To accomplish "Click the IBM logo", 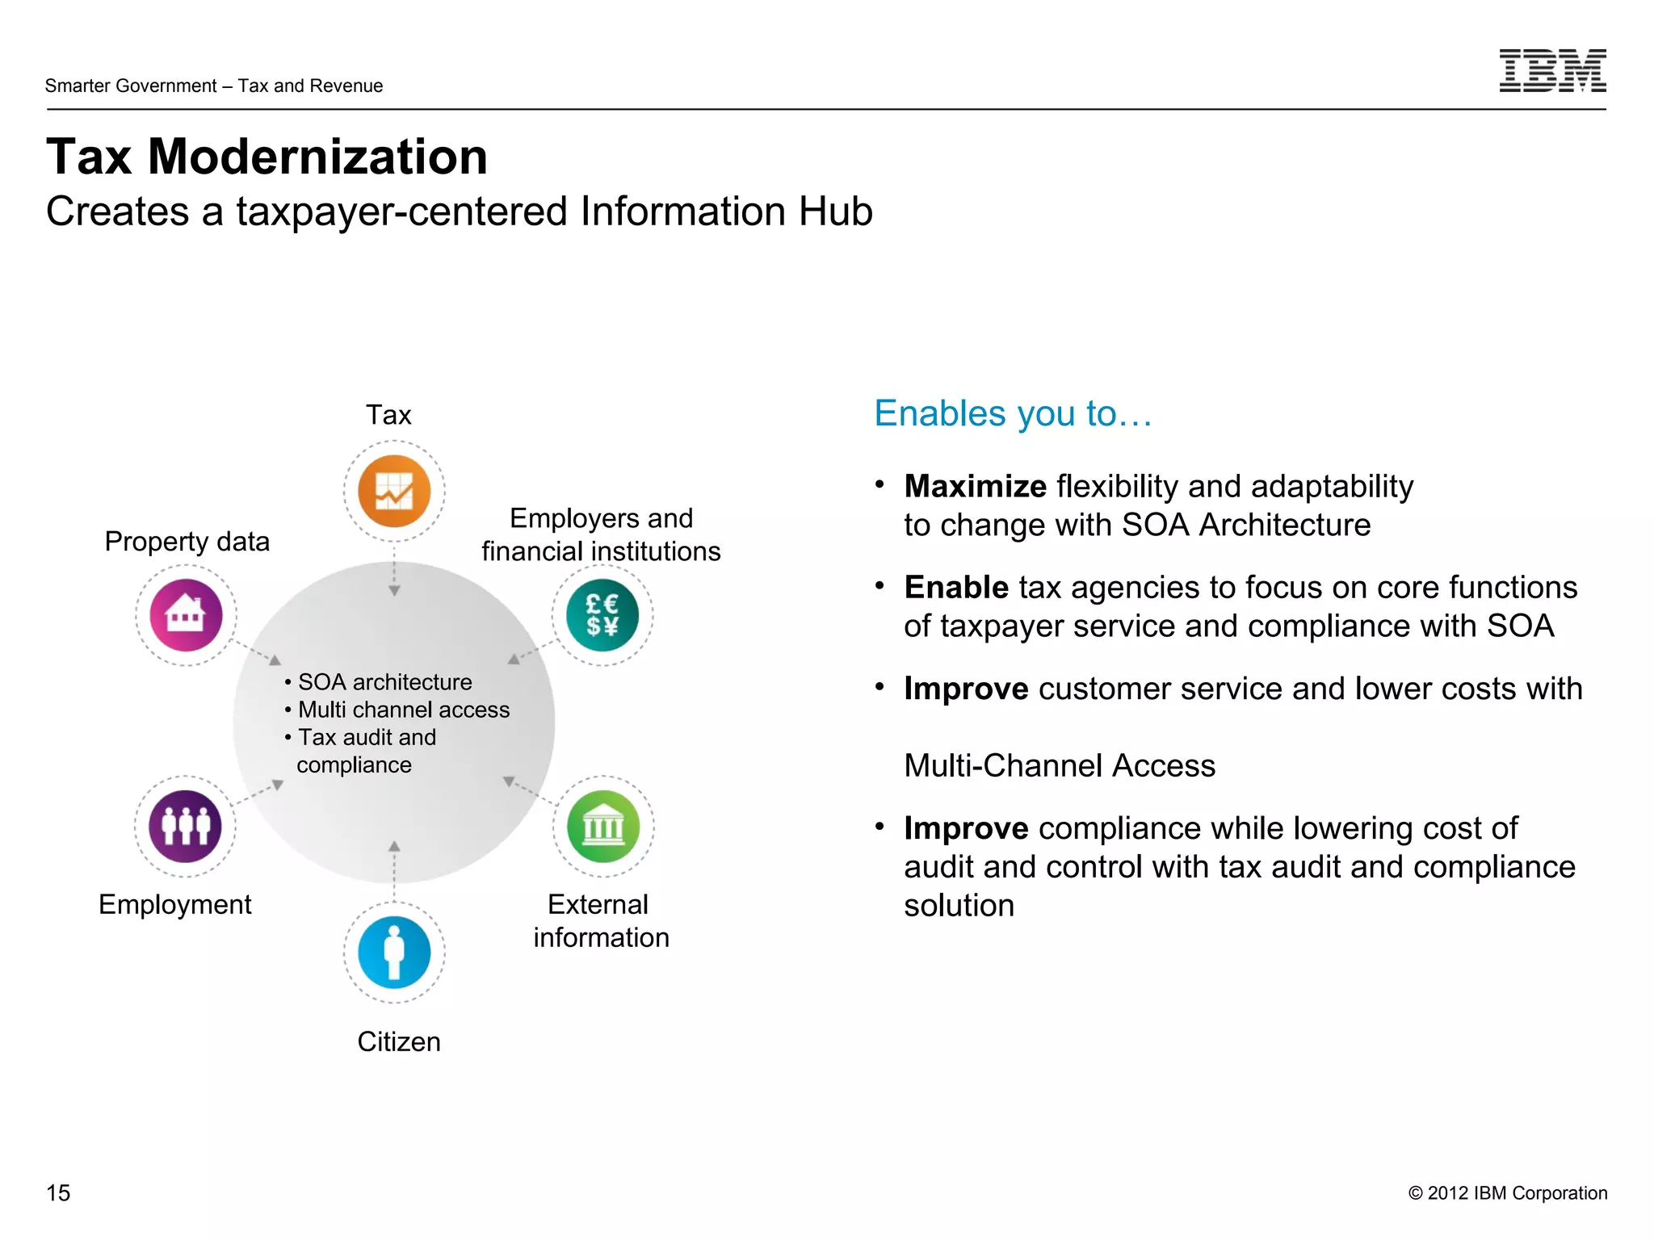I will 1551,70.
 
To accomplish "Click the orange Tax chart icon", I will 394,491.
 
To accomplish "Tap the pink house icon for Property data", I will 186,615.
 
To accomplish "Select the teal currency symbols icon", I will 602,615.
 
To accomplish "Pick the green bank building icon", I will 602,827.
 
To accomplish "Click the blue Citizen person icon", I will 394,952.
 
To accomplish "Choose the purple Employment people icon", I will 186,827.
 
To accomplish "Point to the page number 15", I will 58,1192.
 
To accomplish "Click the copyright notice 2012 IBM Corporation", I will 1507,1192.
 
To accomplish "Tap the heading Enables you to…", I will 1013,413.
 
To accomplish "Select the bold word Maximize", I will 975,486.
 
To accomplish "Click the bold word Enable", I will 956,587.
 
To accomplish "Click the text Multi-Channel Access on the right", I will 1059,765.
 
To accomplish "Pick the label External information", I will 601,920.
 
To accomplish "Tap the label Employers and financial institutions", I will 601,534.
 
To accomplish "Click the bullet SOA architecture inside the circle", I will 384,682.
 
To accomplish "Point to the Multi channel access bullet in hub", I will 403,710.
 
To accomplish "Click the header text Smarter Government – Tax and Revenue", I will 214,86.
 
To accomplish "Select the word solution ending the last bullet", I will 959,906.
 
